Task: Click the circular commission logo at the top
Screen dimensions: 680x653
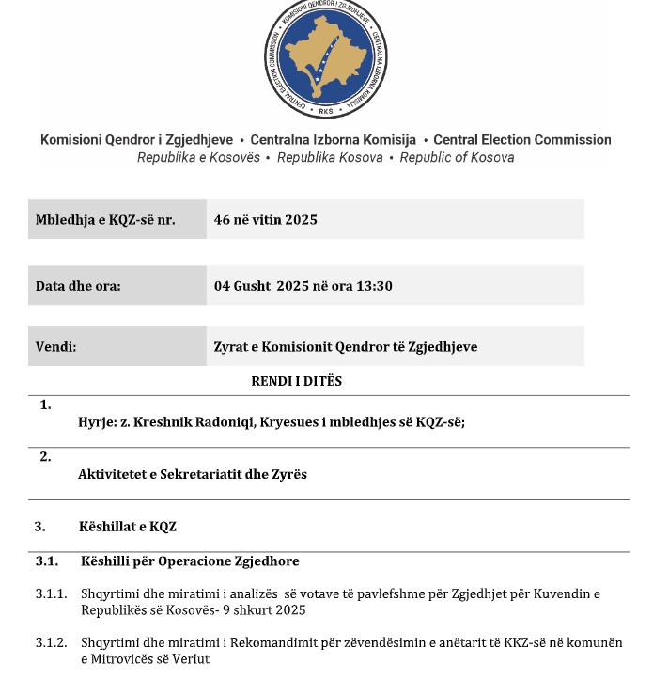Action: click(325, 61)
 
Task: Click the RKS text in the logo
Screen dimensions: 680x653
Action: click(326, 111)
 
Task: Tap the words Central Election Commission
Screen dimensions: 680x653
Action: click(521, 139)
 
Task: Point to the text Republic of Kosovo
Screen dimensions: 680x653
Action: click(457, 158)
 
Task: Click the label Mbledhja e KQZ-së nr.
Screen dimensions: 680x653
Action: click(105, 219)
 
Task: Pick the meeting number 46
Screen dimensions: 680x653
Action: click(222, 219)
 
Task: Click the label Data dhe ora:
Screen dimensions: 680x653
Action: click(78, 285)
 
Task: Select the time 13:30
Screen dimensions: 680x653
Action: click(374, 285)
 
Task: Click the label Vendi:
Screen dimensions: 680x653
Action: click(55, 346)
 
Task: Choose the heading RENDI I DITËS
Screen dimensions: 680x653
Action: click(297, 381)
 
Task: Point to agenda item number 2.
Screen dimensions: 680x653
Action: click(45, 457)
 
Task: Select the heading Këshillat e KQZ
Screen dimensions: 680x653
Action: click(128, 527)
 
